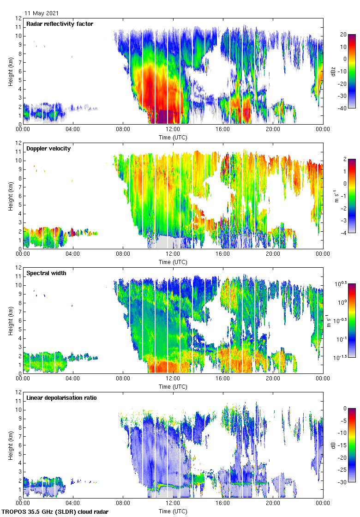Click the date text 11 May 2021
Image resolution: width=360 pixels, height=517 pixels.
(x=42, y=13)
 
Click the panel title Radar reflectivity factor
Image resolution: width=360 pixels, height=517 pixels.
(x=60, y=24)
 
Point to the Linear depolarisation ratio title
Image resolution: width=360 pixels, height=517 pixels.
(x=61, y=397)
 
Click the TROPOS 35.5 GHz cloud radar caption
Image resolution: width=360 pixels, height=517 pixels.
(x=55, y=512)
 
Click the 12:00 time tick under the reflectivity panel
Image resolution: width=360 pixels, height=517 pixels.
(x=173, y=130)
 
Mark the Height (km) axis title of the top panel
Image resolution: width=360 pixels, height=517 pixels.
(x=10, y=71)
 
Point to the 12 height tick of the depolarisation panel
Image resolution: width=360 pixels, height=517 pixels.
(x=18, y=392)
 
